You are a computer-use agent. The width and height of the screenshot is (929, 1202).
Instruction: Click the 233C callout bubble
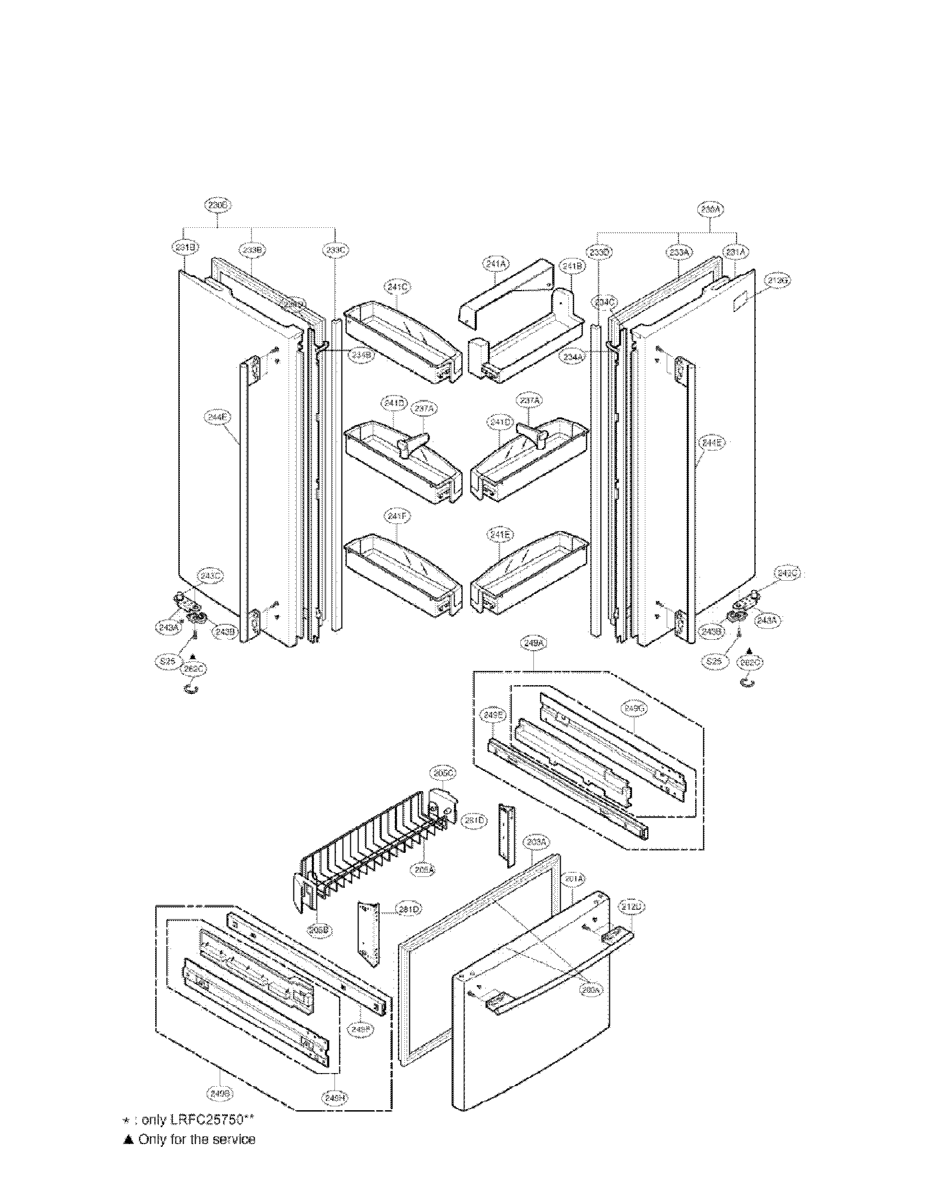coord(335,250)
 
